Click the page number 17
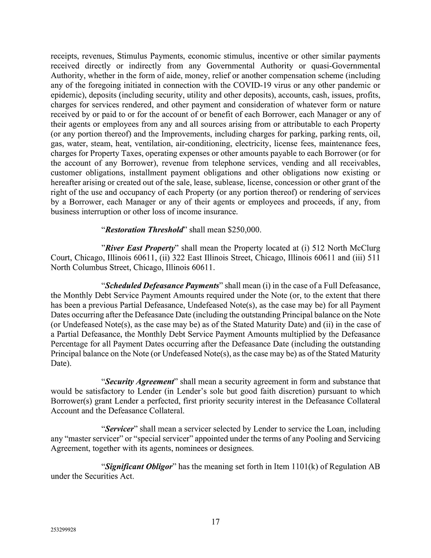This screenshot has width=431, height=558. [215, 521]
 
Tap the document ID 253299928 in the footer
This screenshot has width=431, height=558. [63, 531]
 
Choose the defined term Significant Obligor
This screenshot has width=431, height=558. [139, 466]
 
